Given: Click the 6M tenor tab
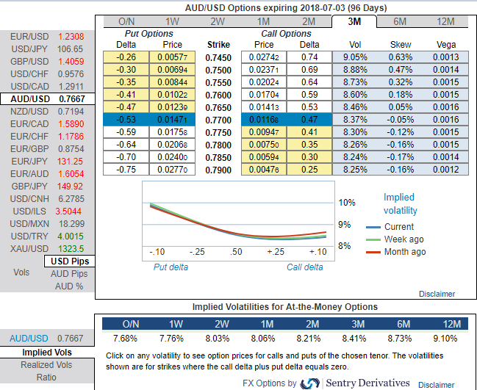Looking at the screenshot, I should pos(401,21).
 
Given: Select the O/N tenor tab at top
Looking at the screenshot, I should pos(126,21).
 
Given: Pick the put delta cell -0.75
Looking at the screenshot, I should pos(126,170).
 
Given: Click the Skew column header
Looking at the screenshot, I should pos(400,44).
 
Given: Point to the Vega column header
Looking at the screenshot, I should pos(446,44).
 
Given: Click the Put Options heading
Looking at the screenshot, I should pos(149,34).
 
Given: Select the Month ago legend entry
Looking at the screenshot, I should pos(405,252).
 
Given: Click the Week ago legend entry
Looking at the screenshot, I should pos(404,239).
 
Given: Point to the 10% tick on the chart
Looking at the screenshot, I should pos(346,202).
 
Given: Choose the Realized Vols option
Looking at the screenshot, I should pos(47,364).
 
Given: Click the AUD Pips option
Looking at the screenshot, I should pos(69,274).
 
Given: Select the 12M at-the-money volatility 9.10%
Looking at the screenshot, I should pos(446,338).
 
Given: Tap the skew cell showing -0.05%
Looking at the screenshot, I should pos(400,118).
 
